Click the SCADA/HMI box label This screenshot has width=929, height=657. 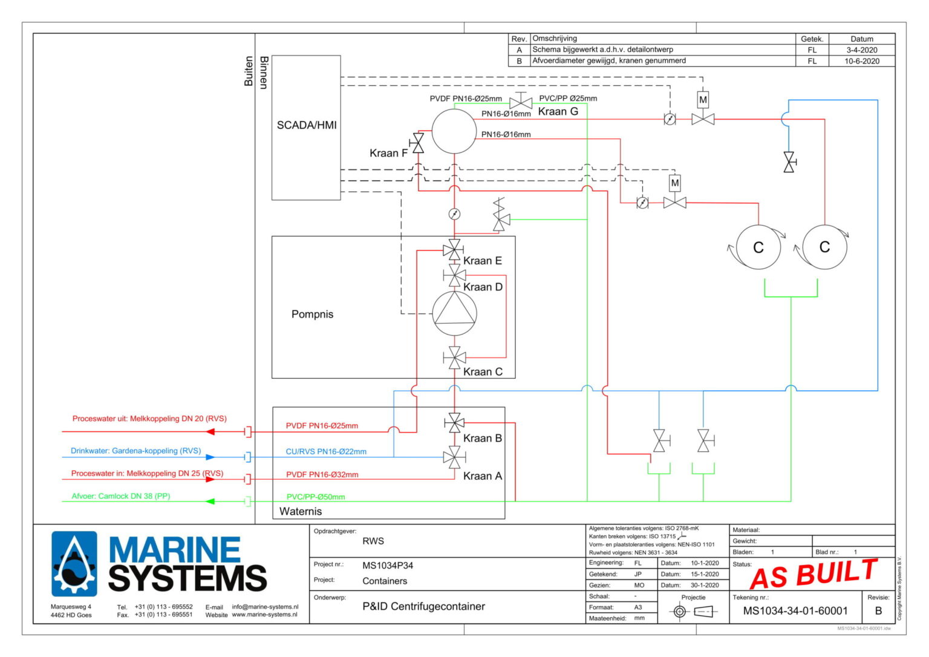click(x=307, y=125)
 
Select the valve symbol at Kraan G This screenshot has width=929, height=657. click(x=521, y=102)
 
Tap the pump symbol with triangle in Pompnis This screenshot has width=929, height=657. click(x=454, y=314)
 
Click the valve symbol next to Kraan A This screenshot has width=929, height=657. click(x=454, y=457)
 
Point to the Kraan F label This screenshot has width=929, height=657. click(x=388, y=153)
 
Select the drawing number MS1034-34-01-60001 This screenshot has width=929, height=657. click(x=795, y=611)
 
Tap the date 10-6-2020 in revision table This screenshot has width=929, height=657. click(x=862, y=61)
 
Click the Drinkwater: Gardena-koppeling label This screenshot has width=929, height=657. click(x=135, y=451)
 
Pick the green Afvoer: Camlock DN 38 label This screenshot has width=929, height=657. click(x=121, y=496)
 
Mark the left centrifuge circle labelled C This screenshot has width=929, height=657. click(x=758, y=247)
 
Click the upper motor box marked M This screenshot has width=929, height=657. click(x=703, y=100)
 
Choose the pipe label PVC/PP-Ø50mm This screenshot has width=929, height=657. click(x=316, y=497)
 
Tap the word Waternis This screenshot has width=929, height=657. click(x=301, y=511)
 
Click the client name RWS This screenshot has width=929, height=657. click(x=373, y=541)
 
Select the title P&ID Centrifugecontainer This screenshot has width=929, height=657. click(x=423, y=606)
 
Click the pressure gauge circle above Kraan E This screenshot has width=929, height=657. click(x=454, y=214)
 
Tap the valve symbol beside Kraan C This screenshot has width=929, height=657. click(x=454, y=358)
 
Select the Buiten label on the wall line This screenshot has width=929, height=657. click(x=249, y=71)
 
